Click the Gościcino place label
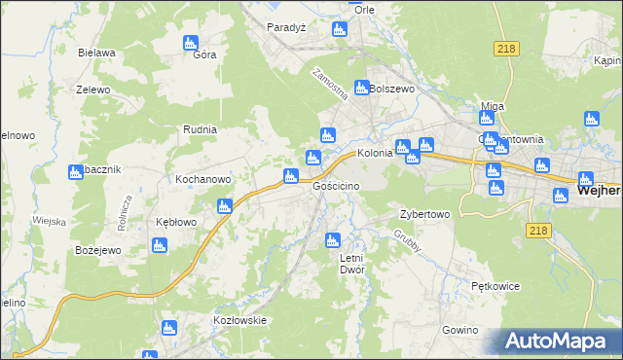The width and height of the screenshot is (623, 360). coord(337,186)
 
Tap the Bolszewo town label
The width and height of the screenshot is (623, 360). coord(392,88)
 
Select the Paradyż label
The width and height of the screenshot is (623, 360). coord(287,27)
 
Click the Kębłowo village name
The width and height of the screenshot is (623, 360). coord(177,222)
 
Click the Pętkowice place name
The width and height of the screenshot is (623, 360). coord(495,287)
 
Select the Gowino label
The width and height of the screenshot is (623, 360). coord(458,331)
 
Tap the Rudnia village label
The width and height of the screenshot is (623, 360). coord(200,128)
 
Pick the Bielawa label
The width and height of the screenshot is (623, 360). coord(98,53)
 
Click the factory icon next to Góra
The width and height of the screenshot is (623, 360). coord(191,42)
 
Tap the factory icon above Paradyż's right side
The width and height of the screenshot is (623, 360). coord(339,29)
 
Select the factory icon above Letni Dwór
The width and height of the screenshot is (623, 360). coord(333,239)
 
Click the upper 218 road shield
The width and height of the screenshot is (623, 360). coord(505,48)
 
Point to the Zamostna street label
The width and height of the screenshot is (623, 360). coord(329,85)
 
